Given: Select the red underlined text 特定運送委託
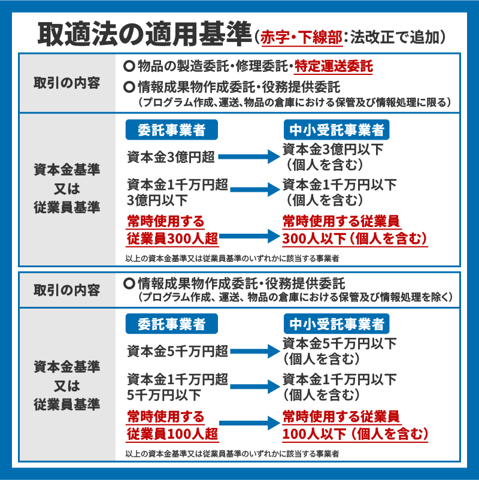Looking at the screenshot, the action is point(334,67).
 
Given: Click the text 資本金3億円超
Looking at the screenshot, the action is point(171,157).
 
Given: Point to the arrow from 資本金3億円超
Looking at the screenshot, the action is point(249,157).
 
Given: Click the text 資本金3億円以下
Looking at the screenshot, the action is point(333,149).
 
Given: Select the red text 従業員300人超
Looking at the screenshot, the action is point(172,239).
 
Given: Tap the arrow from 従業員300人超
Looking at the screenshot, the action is point(250,236).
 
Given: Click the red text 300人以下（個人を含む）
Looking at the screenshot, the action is point(354,239).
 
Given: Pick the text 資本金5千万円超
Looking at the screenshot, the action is point(177,351).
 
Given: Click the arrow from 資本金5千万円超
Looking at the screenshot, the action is point(255,351).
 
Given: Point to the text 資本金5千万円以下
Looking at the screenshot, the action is point(339,343).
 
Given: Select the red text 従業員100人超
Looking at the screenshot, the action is point(172,434).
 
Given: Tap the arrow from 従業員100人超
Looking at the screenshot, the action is point(250,423).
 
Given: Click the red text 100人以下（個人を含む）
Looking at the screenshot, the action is point(355,434).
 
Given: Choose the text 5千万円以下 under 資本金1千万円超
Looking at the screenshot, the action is point(164,395).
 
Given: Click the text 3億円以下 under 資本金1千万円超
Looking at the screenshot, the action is point(157,201).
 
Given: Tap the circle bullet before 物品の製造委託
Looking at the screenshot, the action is point(129,66).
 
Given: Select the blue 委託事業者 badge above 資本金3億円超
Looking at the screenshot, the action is point(172,130).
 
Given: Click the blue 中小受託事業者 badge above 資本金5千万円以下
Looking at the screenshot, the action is point(336,324).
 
